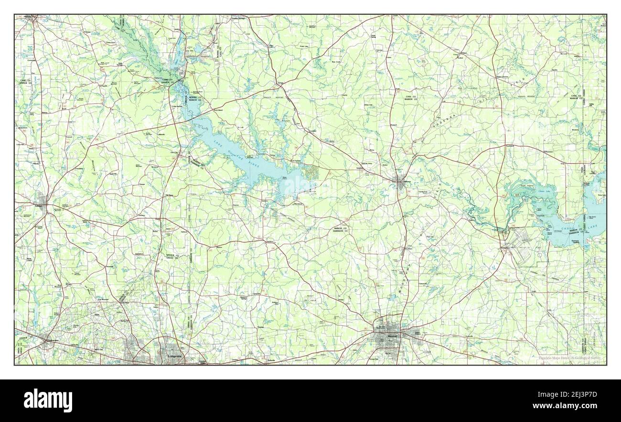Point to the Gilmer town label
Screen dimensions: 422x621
[x=39, y=206]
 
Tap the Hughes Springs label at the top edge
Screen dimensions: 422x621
[x=228, y=19]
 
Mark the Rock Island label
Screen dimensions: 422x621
[x=218, y=110]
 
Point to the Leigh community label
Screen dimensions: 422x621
[x=534, y=290]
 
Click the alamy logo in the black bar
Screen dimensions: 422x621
[x=48, y=400]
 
